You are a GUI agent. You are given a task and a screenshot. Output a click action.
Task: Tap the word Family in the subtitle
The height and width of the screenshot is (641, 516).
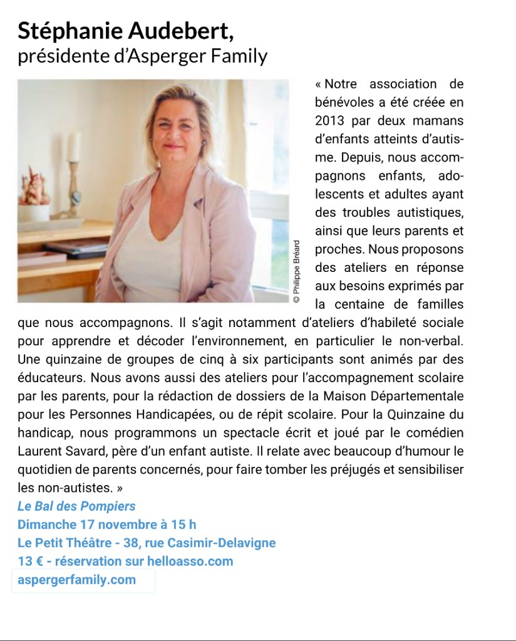tap(240, 57)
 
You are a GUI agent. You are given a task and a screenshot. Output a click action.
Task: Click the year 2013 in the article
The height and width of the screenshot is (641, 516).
tap(330, 120)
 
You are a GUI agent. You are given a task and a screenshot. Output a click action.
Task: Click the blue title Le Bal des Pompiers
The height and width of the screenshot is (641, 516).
tap(76, 506)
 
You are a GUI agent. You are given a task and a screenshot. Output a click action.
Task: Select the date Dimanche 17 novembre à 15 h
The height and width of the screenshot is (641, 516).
tap(106, 524)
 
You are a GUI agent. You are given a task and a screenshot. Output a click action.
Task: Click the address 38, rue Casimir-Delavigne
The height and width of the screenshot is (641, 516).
tap(212, 543)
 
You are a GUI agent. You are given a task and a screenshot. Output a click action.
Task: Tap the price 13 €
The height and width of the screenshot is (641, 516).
tap(31, 561)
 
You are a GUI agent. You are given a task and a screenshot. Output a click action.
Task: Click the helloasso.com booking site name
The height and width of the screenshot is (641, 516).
tap(190, 561)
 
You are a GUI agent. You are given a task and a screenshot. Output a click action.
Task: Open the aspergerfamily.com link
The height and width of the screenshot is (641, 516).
tap(76, 580)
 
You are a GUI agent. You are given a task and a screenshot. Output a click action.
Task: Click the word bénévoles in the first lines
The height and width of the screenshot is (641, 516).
tap(343, 102)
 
